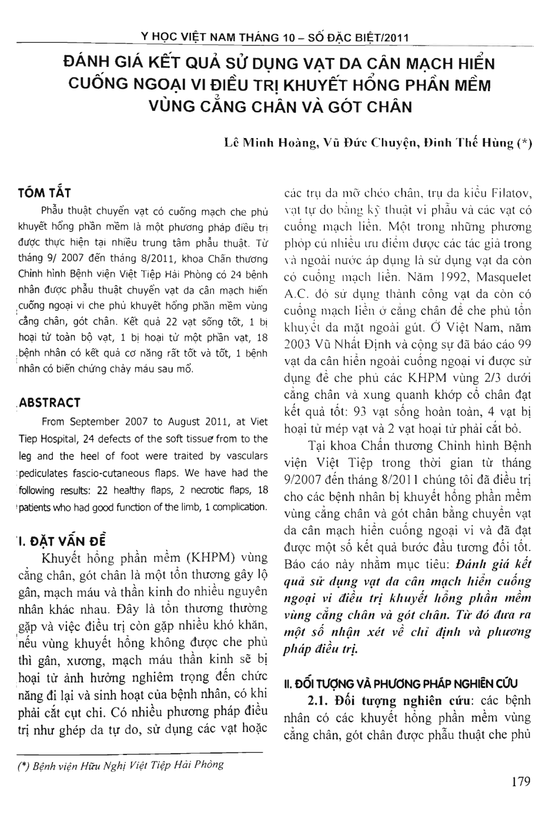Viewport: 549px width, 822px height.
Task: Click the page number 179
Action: pyautogui.click(x=520, y=782)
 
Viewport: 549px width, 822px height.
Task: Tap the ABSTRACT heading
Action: pyautogui.click(x=49, y=402)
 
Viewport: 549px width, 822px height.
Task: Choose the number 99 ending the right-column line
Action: pyautogui.click(x=524, y=345)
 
